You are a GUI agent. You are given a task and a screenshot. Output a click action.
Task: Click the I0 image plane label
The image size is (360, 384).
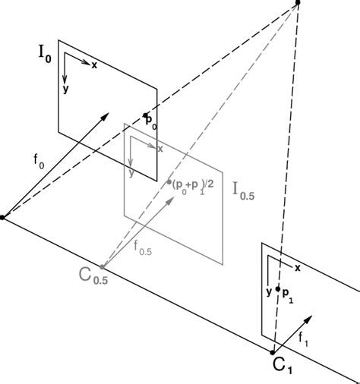[x=45, y=55]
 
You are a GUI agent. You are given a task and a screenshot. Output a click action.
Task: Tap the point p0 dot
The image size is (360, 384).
[x=145, y=115]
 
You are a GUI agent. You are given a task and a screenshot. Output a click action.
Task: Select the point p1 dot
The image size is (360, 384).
[x=278, y=289]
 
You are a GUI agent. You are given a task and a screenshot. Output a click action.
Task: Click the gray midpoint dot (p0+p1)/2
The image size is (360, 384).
[x=169, y=182]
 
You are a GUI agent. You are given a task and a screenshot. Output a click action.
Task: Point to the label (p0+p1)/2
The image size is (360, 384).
[x=193, y=185]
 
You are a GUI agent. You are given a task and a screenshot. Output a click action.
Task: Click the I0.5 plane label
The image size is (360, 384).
[x=244, y=192]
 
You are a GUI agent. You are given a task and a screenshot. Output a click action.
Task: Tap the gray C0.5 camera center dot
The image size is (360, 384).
[x=102, y=266]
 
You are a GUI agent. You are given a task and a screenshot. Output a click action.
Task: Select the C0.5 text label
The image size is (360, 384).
[x=93, y=276]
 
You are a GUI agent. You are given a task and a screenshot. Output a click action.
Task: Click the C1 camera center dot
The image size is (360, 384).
[x=273, y=352]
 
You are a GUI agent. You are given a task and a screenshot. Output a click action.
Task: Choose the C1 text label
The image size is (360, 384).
[x=283, y=366]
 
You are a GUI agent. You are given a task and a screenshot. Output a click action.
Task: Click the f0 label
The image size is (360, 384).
[x=39, y=161]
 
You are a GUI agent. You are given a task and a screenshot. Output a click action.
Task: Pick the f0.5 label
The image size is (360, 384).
[x=143, y=248]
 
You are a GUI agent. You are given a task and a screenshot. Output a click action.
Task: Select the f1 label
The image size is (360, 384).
[x=303, y=339]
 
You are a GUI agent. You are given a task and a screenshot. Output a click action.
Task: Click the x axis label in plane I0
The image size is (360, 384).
[x=94, y=65]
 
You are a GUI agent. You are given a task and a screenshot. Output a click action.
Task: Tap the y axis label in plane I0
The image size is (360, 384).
[x=65, y=89]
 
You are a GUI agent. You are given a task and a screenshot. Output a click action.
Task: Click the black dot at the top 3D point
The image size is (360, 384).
[x=298, y=2]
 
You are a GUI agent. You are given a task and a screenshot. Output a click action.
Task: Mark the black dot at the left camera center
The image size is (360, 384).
[x=2, y=217]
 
